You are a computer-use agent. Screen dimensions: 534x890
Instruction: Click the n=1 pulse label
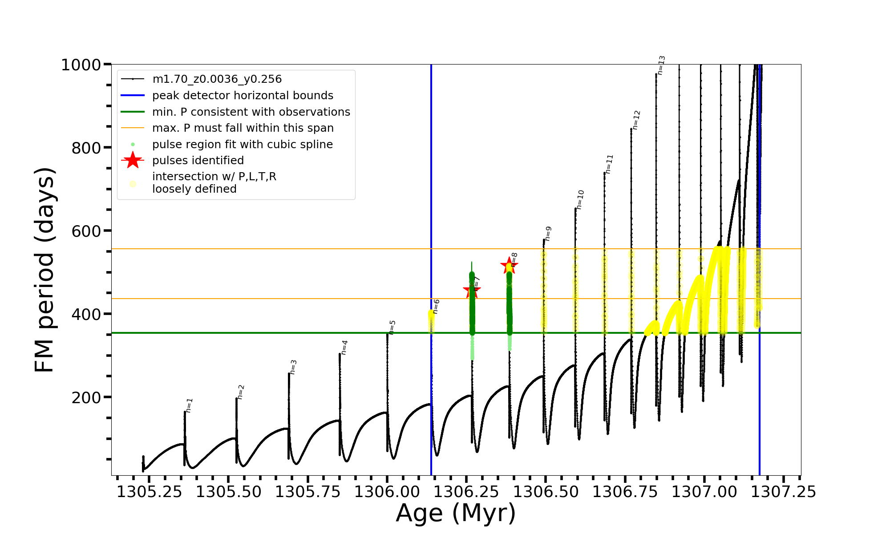tap(189, 405)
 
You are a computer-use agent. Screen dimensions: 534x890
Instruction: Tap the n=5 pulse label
tap(392, 327)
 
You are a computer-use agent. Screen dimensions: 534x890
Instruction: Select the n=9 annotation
tap(548, 234)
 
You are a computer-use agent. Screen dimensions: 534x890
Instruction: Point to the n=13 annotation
tap(661, 65)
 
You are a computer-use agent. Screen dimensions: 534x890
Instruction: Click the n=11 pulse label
tap(609, 164)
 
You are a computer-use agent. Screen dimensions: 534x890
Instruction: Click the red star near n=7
tap(472, 291)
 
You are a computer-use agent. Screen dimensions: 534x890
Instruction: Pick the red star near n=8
tap(509, 266)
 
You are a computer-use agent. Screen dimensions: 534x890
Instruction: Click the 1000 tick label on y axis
tap(81, 65)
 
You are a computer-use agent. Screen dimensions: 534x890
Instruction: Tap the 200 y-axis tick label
tap(86, 397)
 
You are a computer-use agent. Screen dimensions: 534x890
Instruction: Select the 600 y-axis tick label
tap(86, 231)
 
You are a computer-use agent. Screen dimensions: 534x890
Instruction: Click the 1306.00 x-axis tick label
tap(387, 492)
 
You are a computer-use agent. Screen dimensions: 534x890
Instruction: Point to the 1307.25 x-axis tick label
tap(784, 492)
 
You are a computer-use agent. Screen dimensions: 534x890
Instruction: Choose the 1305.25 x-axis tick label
tap(150, 492)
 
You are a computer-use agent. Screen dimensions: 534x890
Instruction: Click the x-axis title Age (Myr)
tap(456, 513)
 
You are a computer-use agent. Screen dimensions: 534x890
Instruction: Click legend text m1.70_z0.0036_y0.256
tap(217, 79)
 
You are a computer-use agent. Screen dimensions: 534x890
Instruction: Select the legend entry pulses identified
tap(198, 160)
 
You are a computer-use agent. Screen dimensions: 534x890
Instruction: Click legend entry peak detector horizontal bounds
tap(243, 96)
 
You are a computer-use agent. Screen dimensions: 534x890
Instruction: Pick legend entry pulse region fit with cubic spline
tap(243, 145)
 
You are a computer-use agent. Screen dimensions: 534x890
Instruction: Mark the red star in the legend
tap(133, 160)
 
